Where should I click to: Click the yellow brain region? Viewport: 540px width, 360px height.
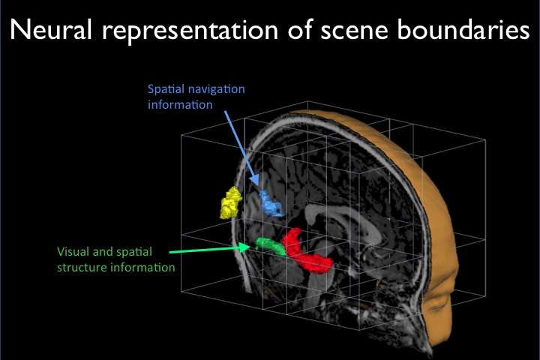(x=230, y=202)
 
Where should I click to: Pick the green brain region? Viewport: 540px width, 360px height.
(x=269, y=245)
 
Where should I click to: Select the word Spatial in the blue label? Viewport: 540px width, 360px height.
(x=164, y=89)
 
